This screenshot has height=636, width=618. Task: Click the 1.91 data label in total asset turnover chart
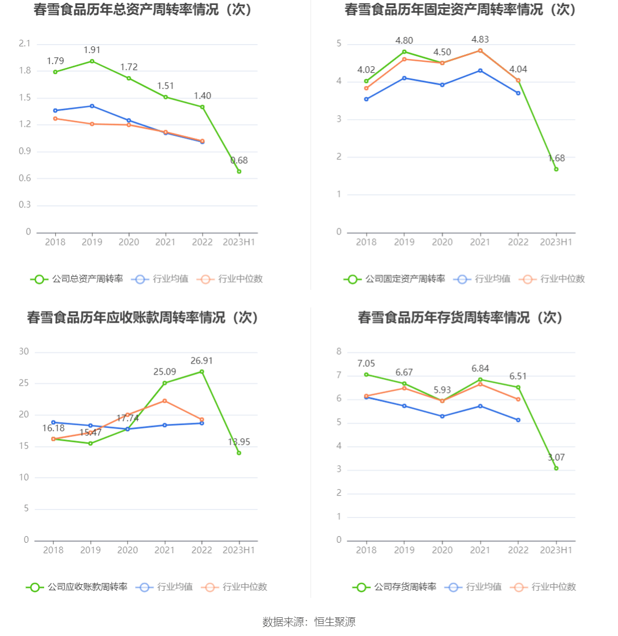[x=92, y=50]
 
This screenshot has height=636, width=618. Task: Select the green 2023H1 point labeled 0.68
[x=239, y=172]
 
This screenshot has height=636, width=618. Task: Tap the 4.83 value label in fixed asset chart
[x=480, y=40]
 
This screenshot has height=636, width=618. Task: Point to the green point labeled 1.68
[x=556, y=169]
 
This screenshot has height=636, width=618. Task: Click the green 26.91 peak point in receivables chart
[x=202, y=372]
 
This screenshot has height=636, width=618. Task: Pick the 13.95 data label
[x=239, y=442]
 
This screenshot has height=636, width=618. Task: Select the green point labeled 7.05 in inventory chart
[x=366, y=375]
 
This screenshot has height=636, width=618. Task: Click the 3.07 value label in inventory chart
[x=556, y=457]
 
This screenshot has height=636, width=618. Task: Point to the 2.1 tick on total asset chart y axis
[x=25, y=44]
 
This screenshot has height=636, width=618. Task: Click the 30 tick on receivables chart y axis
[x=24, y=351]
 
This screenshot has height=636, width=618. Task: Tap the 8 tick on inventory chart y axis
[x=339, y=351]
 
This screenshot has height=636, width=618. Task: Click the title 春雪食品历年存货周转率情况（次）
[x=460, y=318]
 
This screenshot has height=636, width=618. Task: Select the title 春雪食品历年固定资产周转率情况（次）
[x=460, y=10]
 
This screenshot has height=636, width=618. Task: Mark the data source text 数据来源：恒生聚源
[x=309, y=622]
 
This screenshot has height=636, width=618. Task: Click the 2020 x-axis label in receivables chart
[x=127, y=550]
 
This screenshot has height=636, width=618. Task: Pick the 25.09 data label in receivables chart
[x=164, y=372]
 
